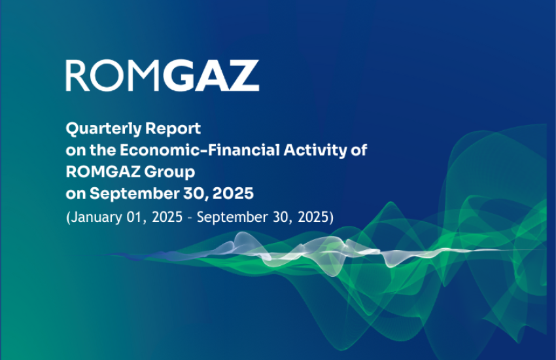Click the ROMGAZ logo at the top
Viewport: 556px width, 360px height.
pos(162,76)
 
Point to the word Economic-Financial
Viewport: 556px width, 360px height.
pos(200,150)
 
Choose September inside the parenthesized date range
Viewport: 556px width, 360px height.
pos(228,217)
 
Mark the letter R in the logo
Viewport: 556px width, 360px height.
pos(77,76)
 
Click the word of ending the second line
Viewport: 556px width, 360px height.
pos(359,150)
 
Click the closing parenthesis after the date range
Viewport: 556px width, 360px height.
pos(331,217)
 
